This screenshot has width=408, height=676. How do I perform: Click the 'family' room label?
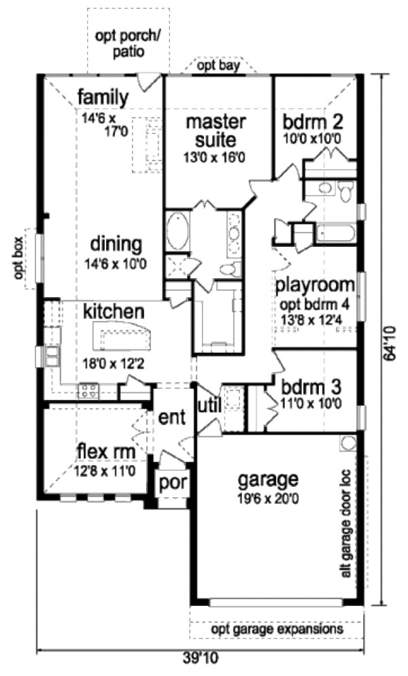[102, 98]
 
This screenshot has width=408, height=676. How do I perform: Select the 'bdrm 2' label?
[313, 122]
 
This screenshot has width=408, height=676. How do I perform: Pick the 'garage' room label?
[268, 480]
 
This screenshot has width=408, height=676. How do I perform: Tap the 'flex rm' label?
[105, 451]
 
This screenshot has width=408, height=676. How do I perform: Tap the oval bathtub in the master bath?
[178, 231]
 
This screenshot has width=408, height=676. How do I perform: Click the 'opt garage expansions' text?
[277, 630]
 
